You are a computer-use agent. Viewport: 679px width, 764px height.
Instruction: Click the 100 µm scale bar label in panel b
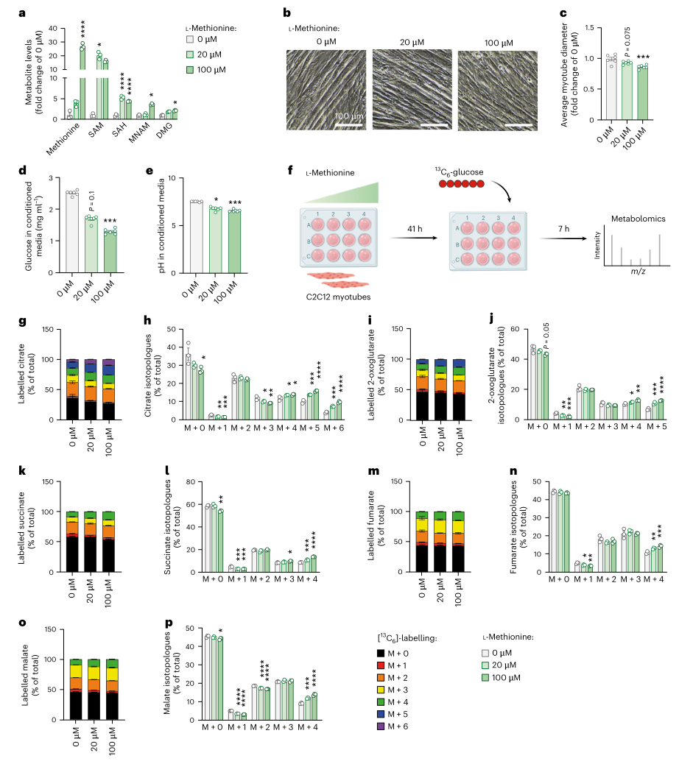pyautogui.click(x=348, y=118)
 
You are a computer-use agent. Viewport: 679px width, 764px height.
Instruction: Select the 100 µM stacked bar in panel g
pyautogui.click(x=109, y=390)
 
